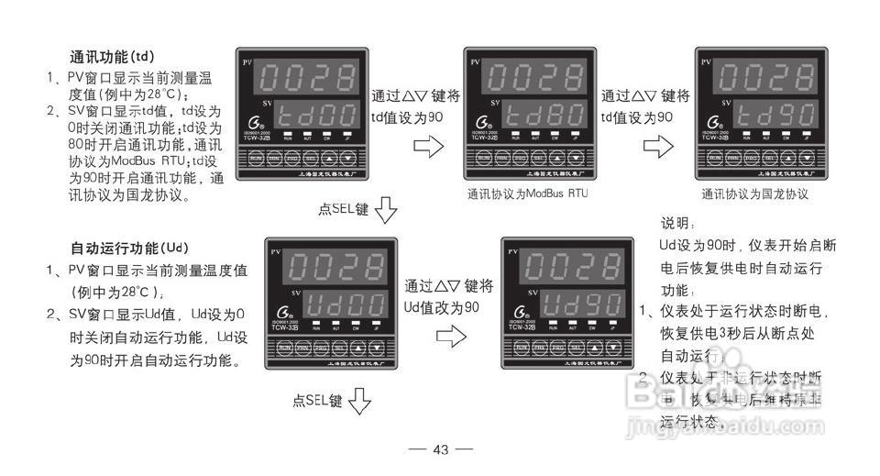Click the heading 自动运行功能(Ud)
coord(129,248)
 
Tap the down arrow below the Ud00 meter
coord(359,402)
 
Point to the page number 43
coord(440,449)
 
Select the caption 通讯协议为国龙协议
coord(754,194)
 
